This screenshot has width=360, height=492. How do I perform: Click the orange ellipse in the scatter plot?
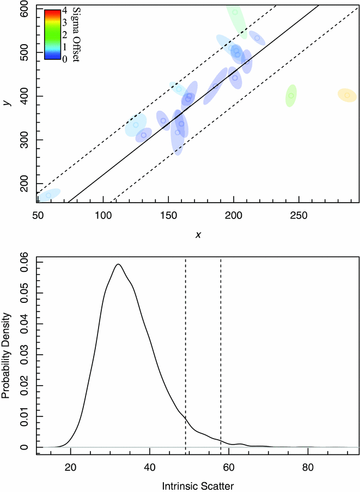[347, 95]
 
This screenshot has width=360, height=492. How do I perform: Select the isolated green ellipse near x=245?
[291, 96]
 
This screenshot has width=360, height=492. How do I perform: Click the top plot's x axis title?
[198, 234]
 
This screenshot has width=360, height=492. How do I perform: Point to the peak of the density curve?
[118, 264]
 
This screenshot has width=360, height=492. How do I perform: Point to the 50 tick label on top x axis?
[38, 216]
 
